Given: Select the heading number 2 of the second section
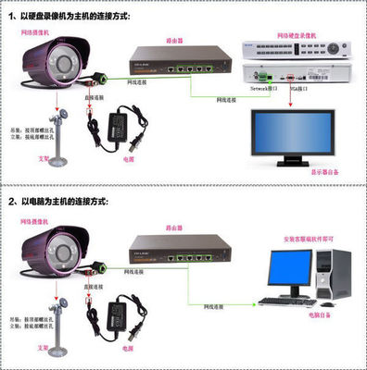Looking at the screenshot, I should point(12,200).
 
